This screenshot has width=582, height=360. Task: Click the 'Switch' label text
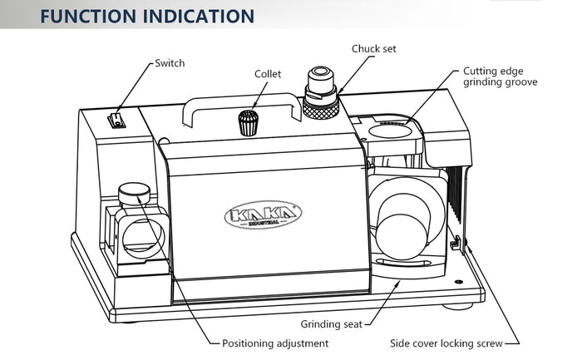170,63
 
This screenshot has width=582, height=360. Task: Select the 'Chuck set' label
373,49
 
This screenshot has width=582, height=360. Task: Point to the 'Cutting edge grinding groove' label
501,76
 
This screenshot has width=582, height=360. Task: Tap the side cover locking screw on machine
456,244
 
